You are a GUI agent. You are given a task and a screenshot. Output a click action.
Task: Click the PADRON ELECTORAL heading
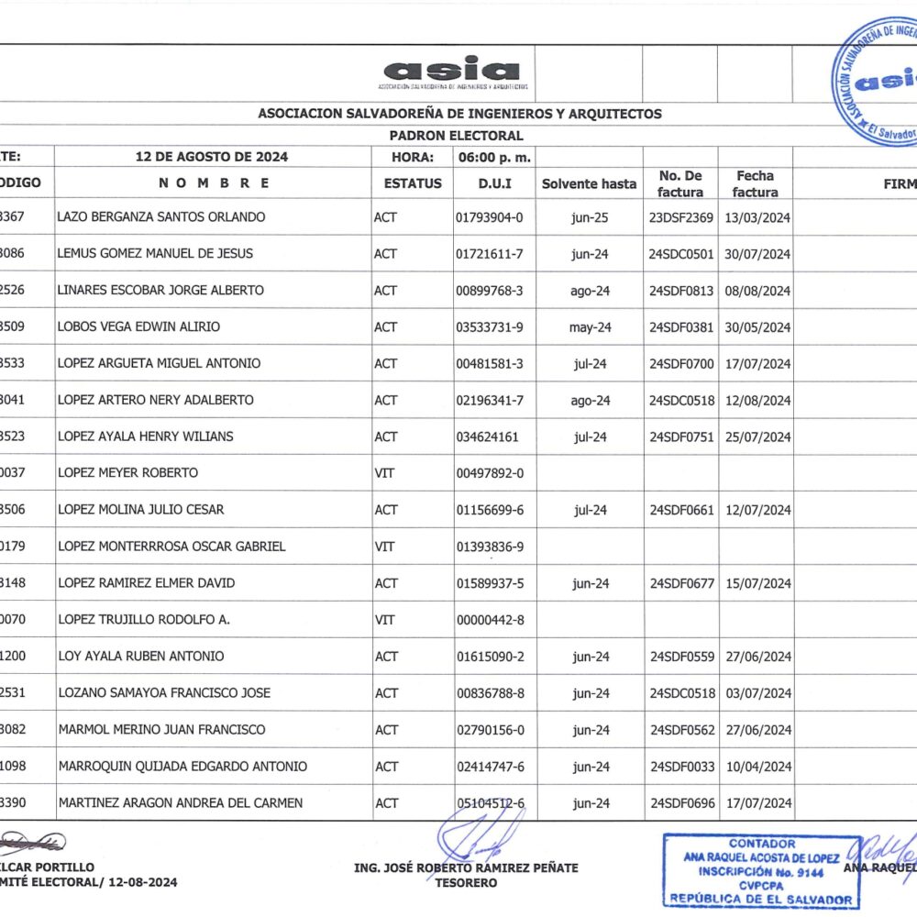[456, 136]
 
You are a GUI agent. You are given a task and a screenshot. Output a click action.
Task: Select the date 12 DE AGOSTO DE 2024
[212, 157]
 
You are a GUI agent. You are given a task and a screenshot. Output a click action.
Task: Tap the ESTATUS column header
[413, 183]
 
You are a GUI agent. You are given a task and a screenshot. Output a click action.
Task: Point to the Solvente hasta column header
[589, 183]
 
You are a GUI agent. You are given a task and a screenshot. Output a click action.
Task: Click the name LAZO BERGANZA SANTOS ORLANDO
[161, 217]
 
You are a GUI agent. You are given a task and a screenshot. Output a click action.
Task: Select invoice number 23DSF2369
[680, 217]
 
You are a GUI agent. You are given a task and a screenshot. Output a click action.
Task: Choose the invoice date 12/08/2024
[757, 400]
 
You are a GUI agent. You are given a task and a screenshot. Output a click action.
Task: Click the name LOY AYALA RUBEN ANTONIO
[141, 657]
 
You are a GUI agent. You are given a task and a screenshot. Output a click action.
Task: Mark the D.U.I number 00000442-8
[490, 620]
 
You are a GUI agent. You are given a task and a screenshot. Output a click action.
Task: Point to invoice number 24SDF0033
[680, 767]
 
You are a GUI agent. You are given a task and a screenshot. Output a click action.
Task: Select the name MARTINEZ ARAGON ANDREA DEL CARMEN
[181, 803]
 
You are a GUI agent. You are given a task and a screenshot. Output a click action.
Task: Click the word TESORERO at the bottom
[467, 883]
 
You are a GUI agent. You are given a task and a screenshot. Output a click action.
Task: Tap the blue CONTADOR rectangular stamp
[761, 871]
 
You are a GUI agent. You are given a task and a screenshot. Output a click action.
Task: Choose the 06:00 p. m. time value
[494, 157]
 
